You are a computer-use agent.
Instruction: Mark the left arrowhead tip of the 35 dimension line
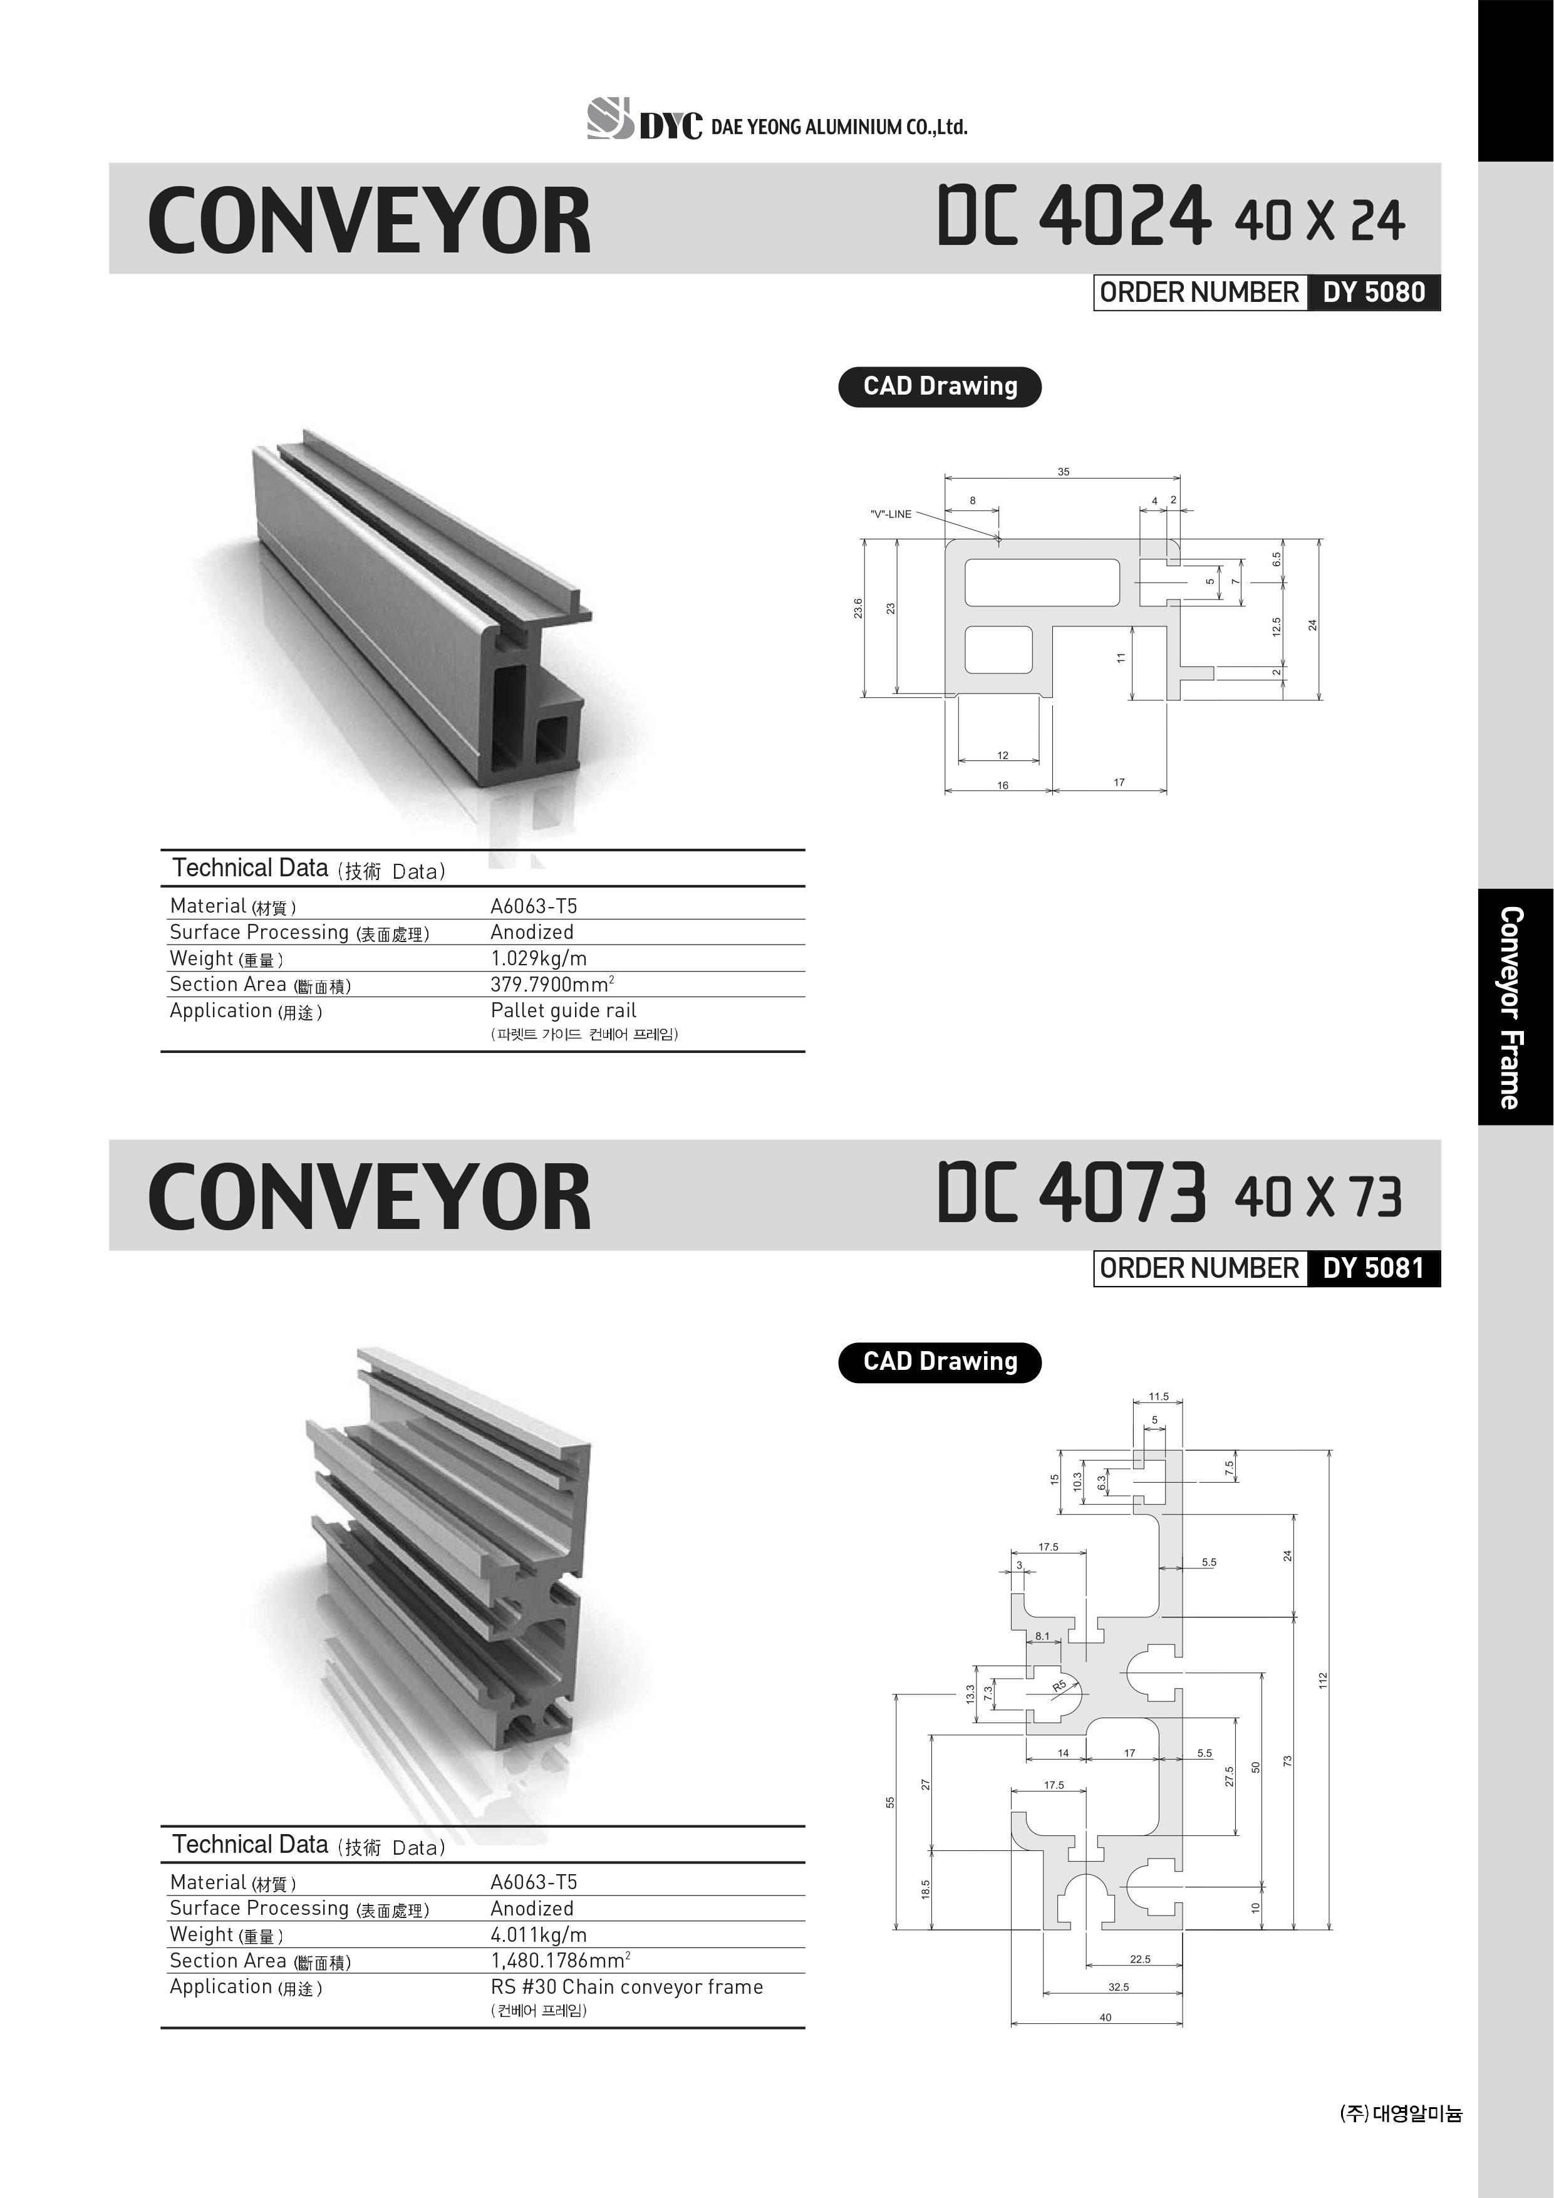[x=945, y=478]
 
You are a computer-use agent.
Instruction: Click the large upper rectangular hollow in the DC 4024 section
[x=1042, y=582]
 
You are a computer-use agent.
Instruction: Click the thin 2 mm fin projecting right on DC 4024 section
[x=1197, y=673]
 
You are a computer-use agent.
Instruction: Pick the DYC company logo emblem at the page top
[x=611, y=119]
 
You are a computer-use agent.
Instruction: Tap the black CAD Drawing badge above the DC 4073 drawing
[x=940, y=1361]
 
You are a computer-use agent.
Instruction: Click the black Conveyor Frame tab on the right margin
[x=1515, y=1006]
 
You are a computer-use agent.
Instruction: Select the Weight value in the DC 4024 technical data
[x=538, y=958]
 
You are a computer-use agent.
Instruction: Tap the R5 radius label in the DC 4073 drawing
[x=1059, y=1686]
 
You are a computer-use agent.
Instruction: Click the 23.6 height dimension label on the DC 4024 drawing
[x=858, y=608]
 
